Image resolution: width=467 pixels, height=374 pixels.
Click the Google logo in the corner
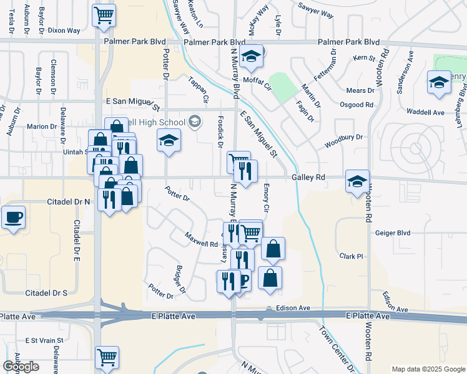(21, 367)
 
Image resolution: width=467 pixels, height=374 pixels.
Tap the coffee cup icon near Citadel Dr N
(13, 218)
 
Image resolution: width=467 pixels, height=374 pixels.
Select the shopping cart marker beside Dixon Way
(104, 15)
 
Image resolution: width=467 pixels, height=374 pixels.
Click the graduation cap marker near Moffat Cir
(251, 57)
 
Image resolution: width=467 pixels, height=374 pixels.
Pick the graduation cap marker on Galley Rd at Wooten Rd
(357, 181)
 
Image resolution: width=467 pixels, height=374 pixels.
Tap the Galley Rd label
(308, 178)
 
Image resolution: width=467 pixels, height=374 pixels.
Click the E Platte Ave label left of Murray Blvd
(174, 317)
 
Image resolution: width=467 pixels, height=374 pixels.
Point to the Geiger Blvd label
(393, 233)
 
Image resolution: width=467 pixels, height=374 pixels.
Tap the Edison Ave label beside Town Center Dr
(296, 308)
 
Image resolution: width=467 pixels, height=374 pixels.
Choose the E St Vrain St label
(44, 341)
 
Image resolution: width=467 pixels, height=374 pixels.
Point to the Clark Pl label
(351, 256)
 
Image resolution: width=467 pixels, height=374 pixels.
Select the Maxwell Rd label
(200, 239)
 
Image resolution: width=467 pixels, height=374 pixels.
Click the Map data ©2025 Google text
(428, 369)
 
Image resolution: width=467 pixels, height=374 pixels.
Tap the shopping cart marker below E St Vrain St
(107, 358)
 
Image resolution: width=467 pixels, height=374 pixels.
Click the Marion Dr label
(42, 127)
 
